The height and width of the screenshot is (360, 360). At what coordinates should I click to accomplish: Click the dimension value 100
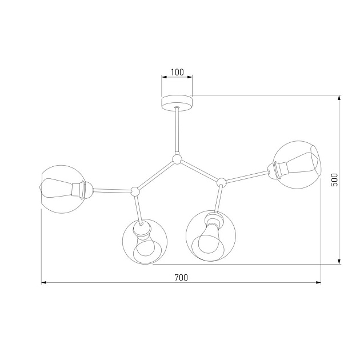pos(177,72)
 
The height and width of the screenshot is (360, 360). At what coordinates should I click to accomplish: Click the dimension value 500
pos(335,179)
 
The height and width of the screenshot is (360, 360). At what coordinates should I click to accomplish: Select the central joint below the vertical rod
pos(177,159)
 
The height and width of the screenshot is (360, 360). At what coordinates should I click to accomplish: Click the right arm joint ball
pos(220,182)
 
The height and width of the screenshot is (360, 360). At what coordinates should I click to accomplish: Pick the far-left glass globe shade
pos(61,189)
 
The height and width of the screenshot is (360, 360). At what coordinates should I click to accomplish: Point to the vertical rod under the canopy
pos(177,131)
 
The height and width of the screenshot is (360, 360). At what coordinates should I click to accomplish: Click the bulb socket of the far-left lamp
pos(83,189)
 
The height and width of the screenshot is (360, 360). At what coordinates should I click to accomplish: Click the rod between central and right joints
pos(199,171)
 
